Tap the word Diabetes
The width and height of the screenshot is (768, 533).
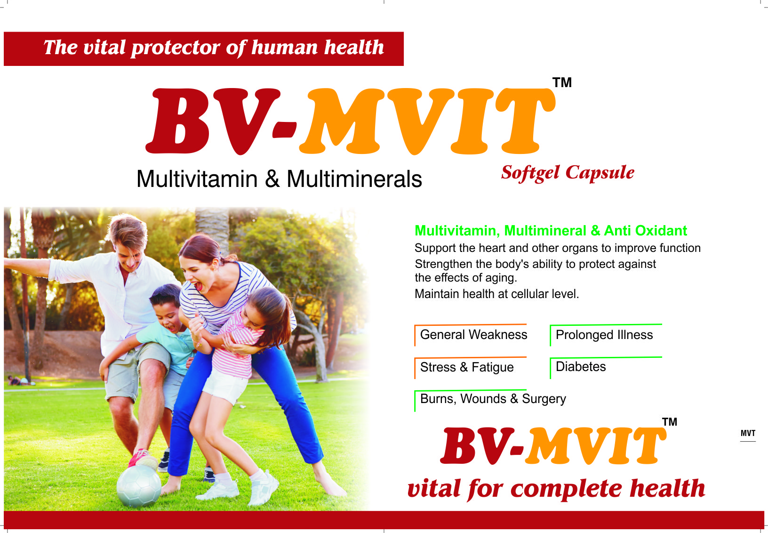(x=580, y=367)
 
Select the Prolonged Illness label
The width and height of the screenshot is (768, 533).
(x=604, y=335)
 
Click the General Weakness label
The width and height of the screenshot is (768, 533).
(x=473, y=334)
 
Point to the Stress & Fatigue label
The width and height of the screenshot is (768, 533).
(x=467, y=367)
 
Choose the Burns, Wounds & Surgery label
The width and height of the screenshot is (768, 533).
(x=493, y=399)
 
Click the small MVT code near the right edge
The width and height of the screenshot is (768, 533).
(x=748, y=433)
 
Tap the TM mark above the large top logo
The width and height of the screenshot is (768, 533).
(x=562, y=83)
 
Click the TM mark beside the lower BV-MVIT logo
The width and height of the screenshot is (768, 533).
(x=670, y=421)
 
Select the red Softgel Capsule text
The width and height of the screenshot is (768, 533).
(x=568, y=172)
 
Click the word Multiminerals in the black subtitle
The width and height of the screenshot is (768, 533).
(x=354, y=179)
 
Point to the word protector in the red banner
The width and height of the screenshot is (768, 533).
(x=176, y=48)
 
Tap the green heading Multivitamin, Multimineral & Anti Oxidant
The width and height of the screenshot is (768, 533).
(x=551, y=231)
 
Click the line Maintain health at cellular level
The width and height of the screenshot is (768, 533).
(x=496, y=294)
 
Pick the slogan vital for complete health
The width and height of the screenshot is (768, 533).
(x=556, y=488)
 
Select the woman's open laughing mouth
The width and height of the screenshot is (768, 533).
(x=198, y=286)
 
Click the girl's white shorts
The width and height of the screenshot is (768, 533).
(x=224, y=386)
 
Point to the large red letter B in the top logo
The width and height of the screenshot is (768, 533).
(x=177, y=121)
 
